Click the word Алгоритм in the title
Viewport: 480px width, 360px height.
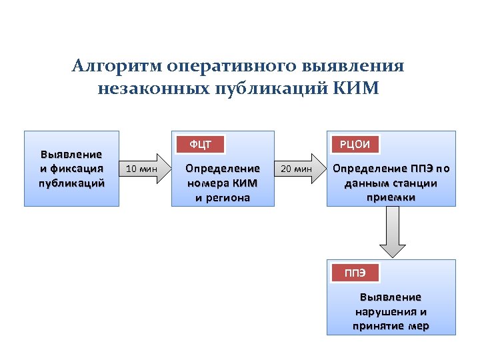tap(117, 67)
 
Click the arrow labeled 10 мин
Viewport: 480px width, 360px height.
tap(142, 169)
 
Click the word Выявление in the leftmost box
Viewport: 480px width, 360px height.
tap(71, 155)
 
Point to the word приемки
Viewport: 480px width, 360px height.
tap(391, 197)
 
